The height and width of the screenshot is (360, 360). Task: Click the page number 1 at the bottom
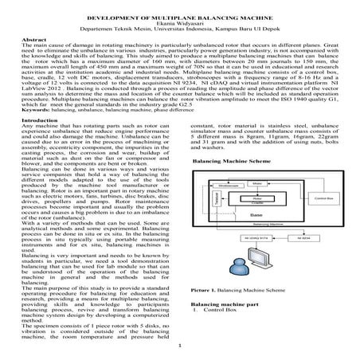pyautogui.click(x=179, y=346)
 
